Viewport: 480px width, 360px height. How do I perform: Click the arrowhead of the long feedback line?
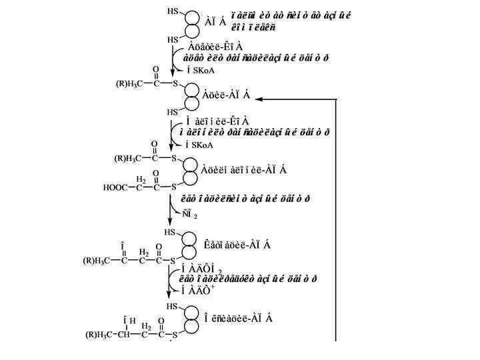[259, 99]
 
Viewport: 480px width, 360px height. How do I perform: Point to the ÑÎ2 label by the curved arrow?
[192, 215]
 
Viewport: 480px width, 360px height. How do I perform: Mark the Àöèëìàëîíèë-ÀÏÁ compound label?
[244, 169]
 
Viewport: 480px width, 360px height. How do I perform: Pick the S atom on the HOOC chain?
[175, 187]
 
